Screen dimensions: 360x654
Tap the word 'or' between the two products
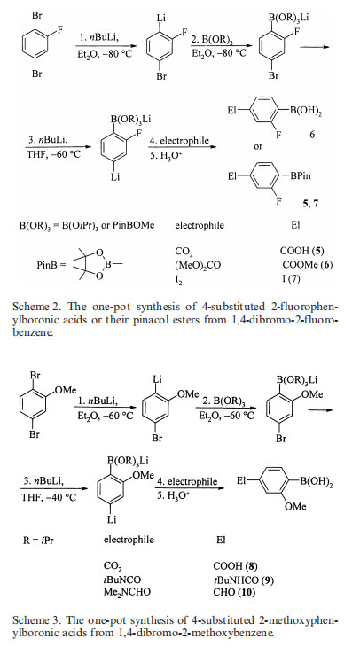(258, 147)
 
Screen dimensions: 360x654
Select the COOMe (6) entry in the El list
(308, 265)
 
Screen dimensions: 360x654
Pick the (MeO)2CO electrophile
(198, 265)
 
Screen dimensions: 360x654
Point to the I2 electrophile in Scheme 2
(178, 279)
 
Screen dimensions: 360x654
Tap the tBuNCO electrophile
(122, 580)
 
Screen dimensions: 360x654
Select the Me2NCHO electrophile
(127, 592)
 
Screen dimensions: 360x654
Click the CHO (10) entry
(234, 592)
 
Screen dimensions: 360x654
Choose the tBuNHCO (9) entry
(243, 580)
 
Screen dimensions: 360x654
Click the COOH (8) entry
(235, 566)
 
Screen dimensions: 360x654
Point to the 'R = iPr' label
(39, 541)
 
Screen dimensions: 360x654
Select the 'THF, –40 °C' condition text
(50, 498)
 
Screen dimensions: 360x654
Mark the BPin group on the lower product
(301, 176)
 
